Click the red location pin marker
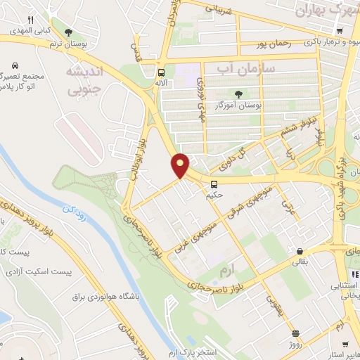pyautogui.click(x=181, y=165)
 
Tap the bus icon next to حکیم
pyautogui.click(x=214, y=185)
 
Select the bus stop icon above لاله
pyautogui.click(x=162, y=72)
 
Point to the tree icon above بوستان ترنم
pyautogui.click(x=68, y=32)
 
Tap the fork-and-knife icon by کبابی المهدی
pyautogui.click(x=30, y=19)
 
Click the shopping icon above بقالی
pyautogui.click(x=300, y=251)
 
